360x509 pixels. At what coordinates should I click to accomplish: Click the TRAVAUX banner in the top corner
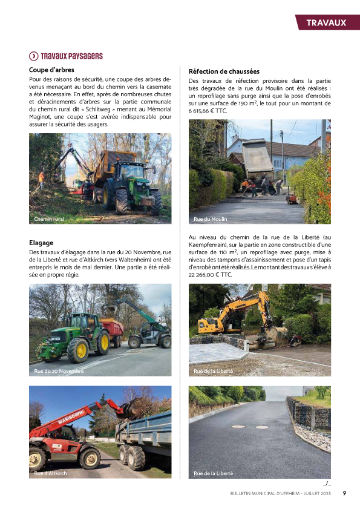(x=326, y=23)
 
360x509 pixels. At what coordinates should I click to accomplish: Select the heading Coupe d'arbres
(x=51, y=70)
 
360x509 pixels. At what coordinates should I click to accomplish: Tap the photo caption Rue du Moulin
(x=210, y=218)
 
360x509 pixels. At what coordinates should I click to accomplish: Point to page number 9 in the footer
(x=344, y=493)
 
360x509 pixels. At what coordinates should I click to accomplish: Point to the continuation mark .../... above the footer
(x=327, y=483)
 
